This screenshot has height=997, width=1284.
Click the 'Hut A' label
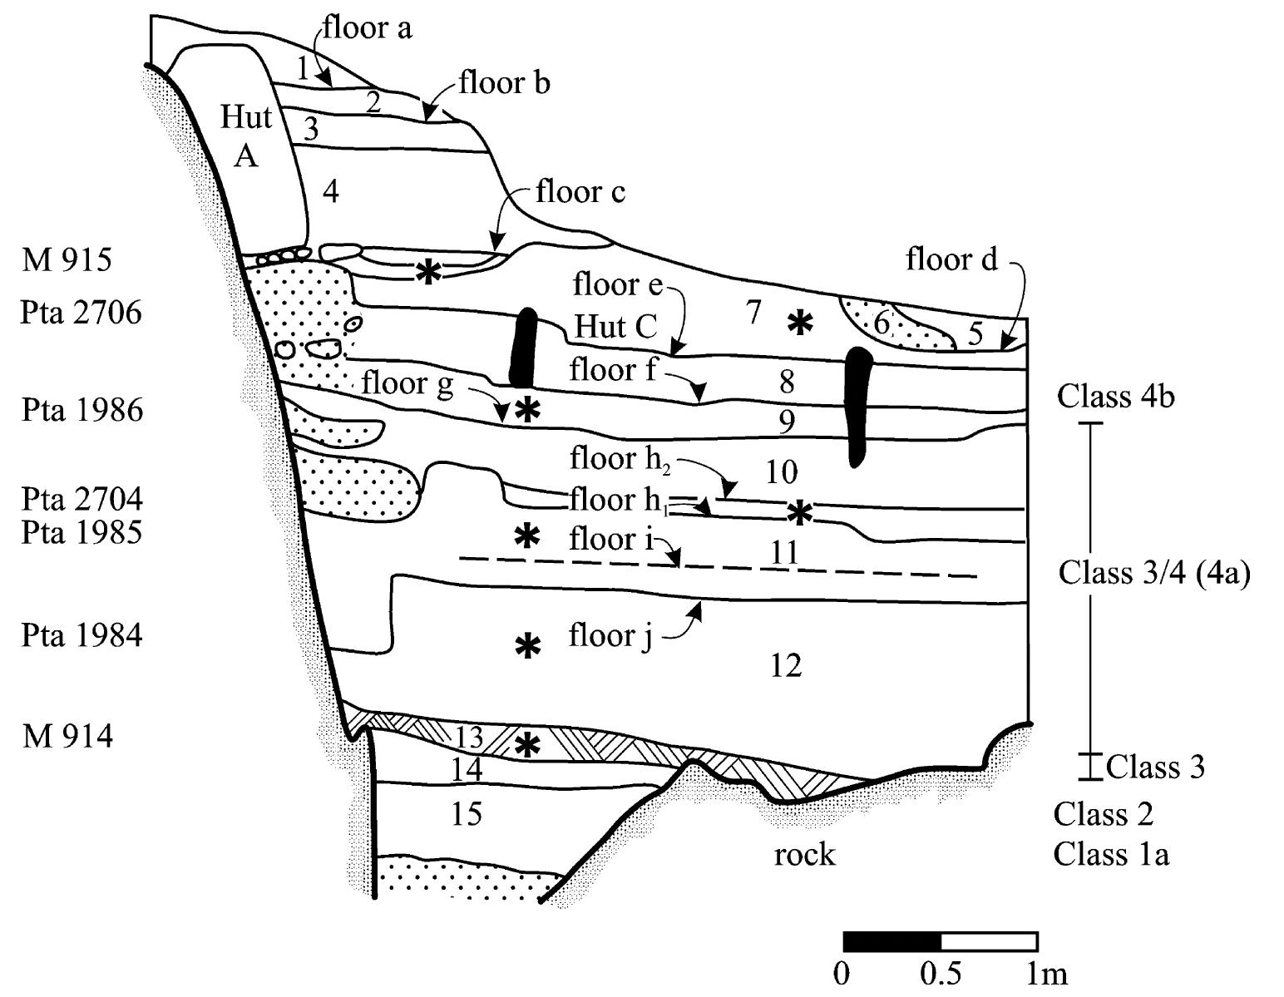pyautogui.click(x=246, y=136)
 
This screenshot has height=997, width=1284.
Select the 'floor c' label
pyautogui.click(x=580, y=192)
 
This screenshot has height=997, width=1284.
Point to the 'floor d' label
pyautogui.click(x=951, y=260)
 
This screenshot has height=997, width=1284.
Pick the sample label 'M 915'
pyautogui.click(x=67, y=260)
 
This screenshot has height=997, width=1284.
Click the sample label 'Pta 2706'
pyautogui.click(x=81, y=313)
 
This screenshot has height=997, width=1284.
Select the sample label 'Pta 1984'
pyautogui.click(x=81, y=635)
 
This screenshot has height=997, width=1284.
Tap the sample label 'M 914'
pyautogui.click(x=67, y=736)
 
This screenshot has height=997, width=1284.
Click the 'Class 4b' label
pyautogui.click(x=1115, y=397)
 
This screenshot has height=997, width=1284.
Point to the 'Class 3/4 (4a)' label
pyautogui.click(x=1153, y=573)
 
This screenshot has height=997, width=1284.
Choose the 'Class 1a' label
pyautogui.click(x=1111, y=854)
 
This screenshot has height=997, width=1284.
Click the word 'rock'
pyautogui.click(x=803, y=855)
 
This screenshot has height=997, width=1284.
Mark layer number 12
pyautogui.click(x=786, y=665)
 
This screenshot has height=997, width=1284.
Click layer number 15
pyautogui.click(x=467, y=813)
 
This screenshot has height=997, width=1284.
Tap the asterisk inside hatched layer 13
pyautogui.click(x=526, y=744)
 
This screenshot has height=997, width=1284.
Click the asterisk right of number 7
pyautogui.click(x=799, y=322)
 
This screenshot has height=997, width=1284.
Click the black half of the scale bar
pyautogui.click(x=891, y=941)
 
